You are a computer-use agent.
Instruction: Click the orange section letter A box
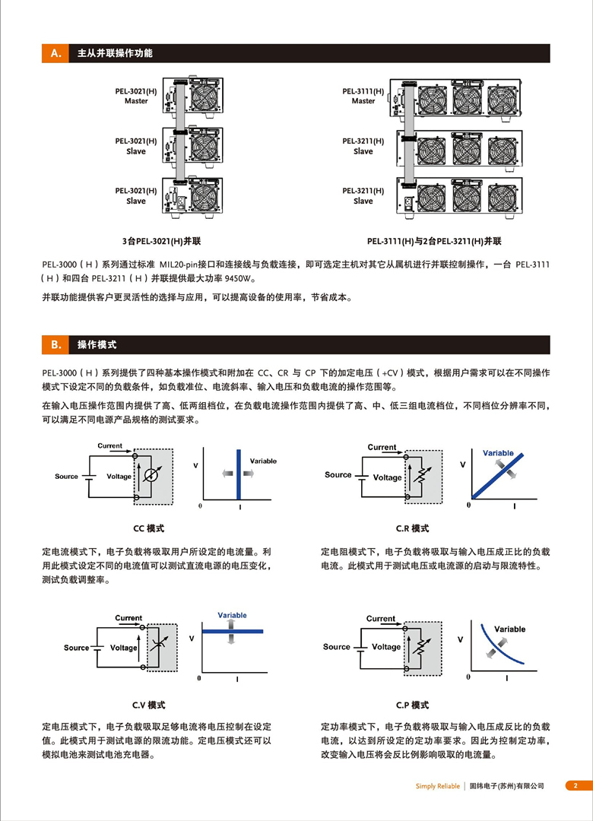point(55,53)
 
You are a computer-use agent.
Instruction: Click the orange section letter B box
point(55,344)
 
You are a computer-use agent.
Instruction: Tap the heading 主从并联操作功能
point(115,53)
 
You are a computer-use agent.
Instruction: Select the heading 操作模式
point(97,344)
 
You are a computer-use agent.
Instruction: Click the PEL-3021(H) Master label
point(136,96)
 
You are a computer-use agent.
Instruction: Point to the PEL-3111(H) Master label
point(363,96)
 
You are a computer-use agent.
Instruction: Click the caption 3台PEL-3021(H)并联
point(165,241)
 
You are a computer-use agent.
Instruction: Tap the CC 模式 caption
point(148,528)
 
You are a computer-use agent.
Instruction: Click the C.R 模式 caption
point(412,528)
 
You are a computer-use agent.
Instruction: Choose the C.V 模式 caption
point(148,705)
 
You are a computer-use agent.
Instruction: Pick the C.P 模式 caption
point(412,705)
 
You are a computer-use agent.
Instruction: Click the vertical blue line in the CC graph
point(239,476)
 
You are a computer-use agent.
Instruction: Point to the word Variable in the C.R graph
point(498,453)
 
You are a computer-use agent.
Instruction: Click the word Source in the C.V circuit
point(76,648)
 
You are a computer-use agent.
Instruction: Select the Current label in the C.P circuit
point(380,619)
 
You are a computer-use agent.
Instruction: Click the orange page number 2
point(576,786)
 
